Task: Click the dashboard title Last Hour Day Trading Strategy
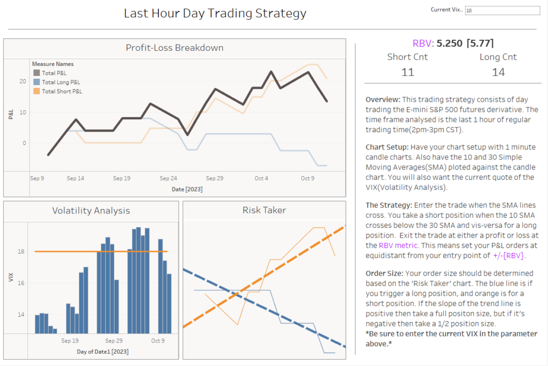(215, 13)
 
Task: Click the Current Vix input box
(502, 10)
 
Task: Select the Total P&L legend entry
(54, 73)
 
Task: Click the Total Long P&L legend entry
(60, 82)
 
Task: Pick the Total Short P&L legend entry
(62, 91)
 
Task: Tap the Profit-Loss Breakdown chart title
(174, 48)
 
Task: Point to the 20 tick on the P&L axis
(23, 81)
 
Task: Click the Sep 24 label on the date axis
(169, 178)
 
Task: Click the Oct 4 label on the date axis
(261, 178)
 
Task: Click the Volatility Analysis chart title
(91, 210)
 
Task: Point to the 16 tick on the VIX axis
(21, 283)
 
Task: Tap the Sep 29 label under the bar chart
(113, 340)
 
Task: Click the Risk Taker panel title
(264, 210)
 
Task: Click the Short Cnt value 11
(408, 72)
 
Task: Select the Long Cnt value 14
(498, 72)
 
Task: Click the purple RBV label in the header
(422, 44)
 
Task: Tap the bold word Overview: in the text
(382, 100)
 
